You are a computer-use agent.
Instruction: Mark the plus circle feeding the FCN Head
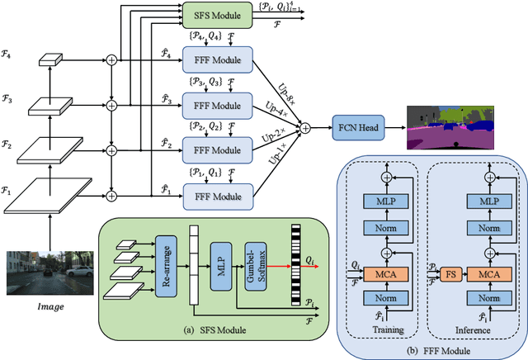pyautogui.click(x=305, y=128)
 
